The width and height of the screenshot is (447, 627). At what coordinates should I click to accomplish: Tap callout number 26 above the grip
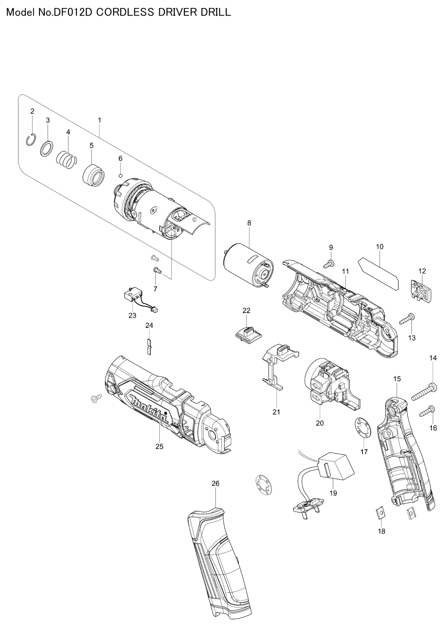[215, 483]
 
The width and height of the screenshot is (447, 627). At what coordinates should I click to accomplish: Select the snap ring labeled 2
[31, 139]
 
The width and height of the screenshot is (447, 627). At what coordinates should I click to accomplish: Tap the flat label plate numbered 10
[379, 274]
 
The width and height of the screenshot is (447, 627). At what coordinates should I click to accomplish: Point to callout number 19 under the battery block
[333, 493]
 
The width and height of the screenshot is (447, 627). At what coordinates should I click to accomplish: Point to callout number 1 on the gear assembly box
[99, 120]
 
